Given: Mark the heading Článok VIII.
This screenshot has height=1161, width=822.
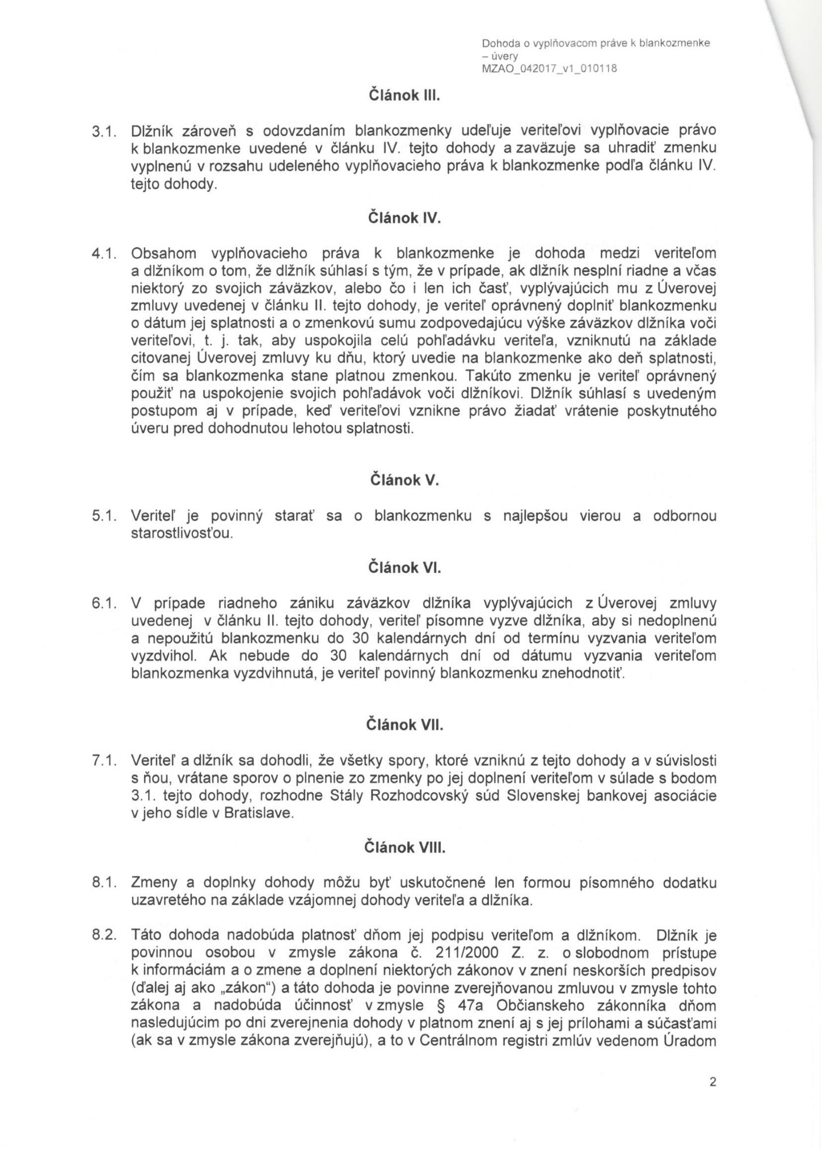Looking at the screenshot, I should (x=404, y=848).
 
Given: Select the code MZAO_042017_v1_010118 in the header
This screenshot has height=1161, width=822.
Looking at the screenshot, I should (x=548, y=69).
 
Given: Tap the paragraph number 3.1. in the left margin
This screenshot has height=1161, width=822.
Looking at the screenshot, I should (x=104, y=131).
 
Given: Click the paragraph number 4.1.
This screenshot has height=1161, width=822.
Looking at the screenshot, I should (x=104, y=253).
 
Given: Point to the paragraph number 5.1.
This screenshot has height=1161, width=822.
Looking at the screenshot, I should (x=104, y=516).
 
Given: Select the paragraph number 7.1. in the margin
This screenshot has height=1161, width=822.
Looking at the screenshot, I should (x=104, y=761).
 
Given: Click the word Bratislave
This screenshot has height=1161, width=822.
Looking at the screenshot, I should (x=259, y=813).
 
